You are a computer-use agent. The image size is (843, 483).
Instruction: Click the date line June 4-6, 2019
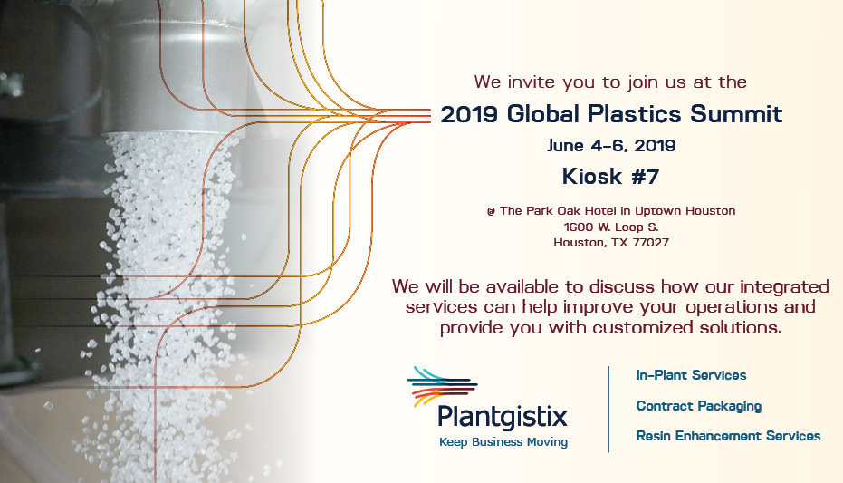pos(611,145)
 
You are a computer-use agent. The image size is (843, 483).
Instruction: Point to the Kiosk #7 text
pos(610,176)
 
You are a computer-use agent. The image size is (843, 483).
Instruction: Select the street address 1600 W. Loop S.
pos(611,227)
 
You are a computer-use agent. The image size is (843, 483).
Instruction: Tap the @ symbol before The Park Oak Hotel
pos(491,211)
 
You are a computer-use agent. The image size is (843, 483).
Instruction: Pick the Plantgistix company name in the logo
pos(503,417)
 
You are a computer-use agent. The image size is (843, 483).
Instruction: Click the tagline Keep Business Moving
pos(503,442)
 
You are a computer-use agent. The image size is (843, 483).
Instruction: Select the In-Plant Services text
pos(691,375)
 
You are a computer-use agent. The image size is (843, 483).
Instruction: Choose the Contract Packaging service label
pos(698,406)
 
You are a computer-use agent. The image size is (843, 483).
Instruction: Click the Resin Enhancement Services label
pos(728,436)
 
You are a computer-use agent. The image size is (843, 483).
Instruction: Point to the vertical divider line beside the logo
pos(609,408)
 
